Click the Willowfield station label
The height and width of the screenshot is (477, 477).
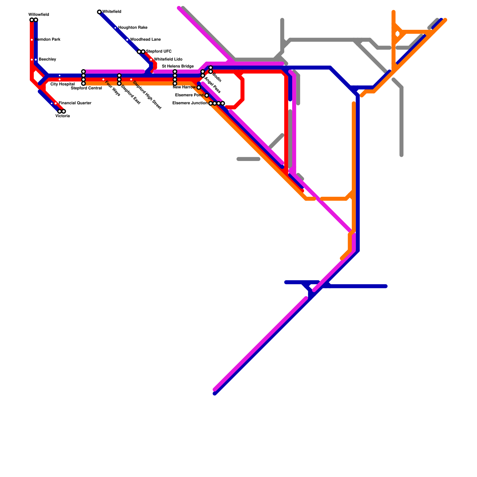coord(39,15)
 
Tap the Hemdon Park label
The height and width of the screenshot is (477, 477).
coord(48,40)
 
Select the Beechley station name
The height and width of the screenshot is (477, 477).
coord(47,60)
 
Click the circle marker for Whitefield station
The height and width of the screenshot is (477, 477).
coord(99,12)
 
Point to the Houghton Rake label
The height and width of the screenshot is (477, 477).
coord(133,28)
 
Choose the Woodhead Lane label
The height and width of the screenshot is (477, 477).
coord(145,40)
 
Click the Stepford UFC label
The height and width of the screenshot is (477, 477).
coord(159,52)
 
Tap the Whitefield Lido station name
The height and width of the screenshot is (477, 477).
coord(168,60)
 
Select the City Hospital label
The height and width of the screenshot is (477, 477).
coord(62,84)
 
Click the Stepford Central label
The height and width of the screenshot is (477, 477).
coord(86,88)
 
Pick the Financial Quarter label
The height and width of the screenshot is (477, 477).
coord(75,103)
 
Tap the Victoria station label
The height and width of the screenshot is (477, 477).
coord(63,116)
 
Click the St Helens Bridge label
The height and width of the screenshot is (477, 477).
coord(178,66)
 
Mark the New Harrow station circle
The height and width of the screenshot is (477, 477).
coord(199,87)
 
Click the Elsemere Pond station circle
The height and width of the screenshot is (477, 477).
coord(207,95)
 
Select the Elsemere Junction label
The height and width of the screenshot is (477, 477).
coord(190,103)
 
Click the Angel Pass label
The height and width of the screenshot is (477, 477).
coord(212,85)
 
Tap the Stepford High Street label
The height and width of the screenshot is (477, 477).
coord(147,95)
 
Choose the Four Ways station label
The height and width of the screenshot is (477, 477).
coord(113,89)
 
